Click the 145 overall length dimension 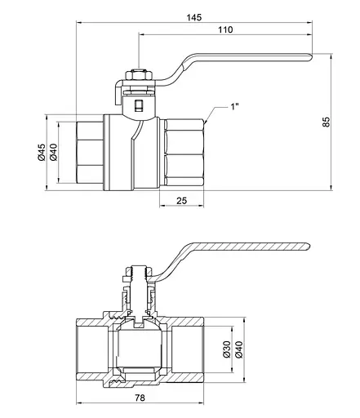(x=194, y=17)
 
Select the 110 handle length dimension (x=225, y=29)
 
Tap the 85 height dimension (x=326, y=122)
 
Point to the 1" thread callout (x=234, y=107)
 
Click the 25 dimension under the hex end (x=181, y=201)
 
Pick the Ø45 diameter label (x=42, y=153)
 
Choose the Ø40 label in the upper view (x=53, y=153)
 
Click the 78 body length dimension (x=140, y=398)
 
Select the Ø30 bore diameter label (x=227, y=349)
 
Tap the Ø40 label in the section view (x=238, y=349)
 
